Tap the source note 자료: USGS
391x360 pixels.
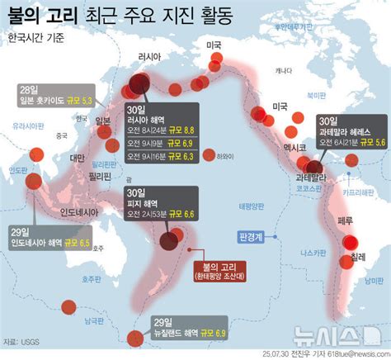click(x=21, y=341)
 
